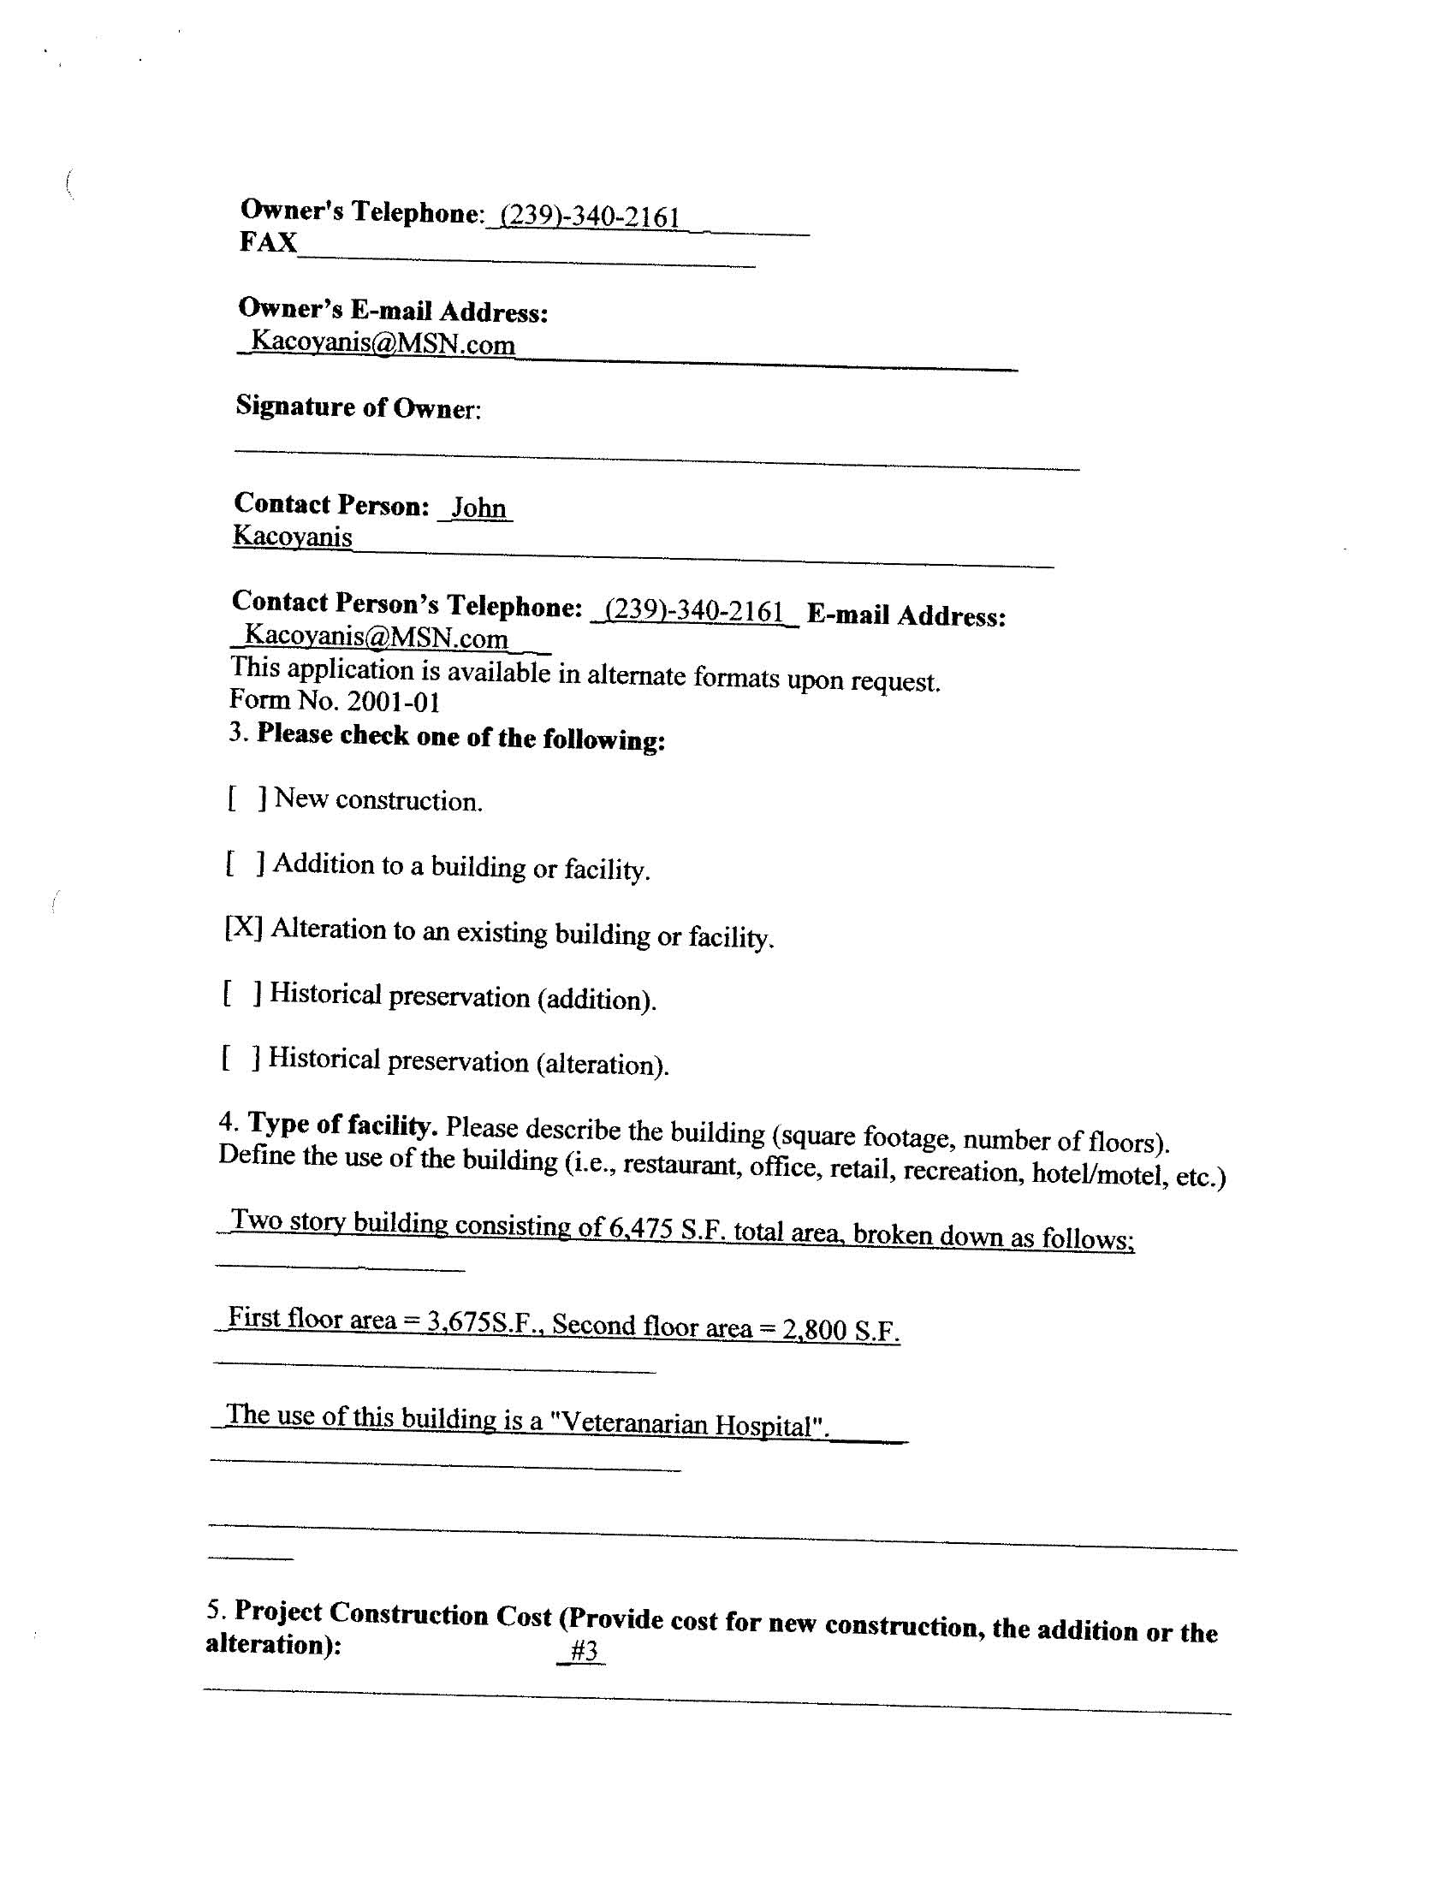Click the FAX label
pyautogui.click(x=268, y=242)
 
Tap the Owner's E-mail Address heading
pyautogui.click(x=393, y=310)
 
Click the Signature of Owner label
pyautogui.click(x=358, y=407)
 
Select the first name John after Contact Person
pyautogui.click(x=478, y=508)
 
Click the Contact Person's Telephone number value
pyautogui.click(x=694, y=611)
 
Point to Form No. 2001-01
pyautogui.click(x=336, y=702)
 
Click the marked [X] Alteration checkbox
pyautogui.click(x=244, y=927)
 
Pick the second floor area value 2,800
pyautogui.click(x=815, y=1329)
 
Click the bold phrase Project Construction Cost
pyautogui.click(x=393, y=1613)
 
